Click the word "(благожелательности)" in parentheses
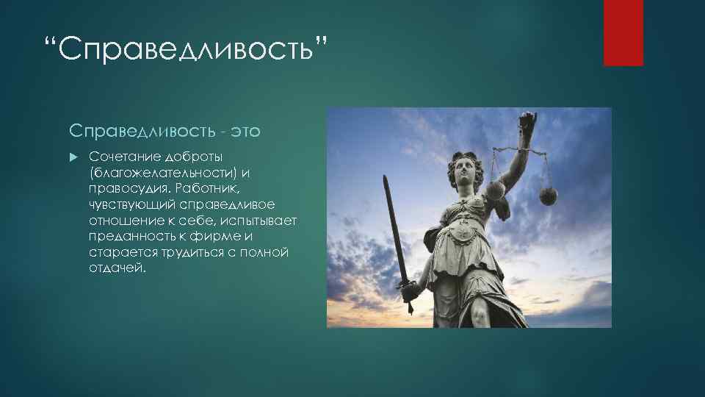point(154,173)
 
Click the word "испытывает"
point(261,221)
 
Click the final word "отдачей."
point(118,268)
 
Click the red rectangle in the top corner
point(623,32)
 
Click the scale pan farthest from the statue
point(548,196)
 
